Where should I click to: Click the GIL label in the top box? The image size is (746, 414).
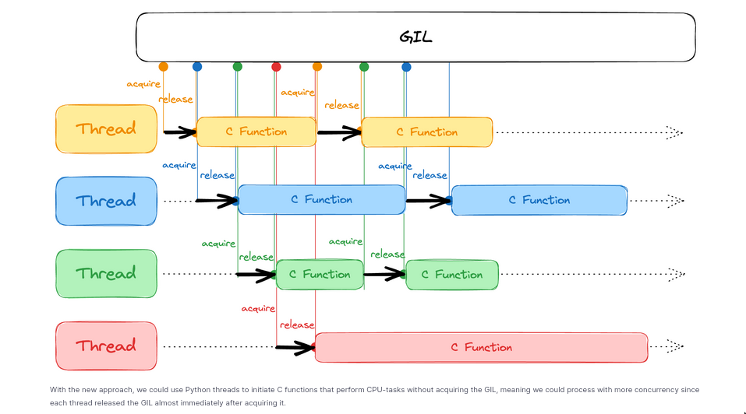coord(415,37)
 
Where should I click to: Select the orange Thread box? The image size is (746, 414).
coord(106,128)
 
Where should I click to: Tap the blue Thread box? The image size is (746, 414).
coord(106,201)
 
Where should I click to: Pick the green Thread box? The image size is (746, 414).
coord(106,273)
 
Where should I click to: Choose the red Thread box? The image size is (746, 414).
coord(106,346)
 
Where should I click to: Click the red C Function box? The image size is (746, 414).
coord(481,347)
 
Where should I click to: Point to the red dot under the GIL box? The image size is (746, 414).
coord(276,67)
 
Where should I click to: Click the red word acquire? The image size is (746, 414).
coord(258,308)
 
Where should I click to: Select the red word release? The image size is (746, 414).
coord(297,325)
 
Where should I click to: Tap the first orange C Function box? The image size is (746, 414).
coord(256,132)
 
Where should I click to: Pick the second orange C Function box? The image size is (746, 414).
coord(427,132)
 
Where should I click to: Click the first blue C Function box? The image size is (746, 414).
coord(321,200)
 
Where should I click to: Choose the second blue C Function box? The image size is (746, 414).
coord(539,200)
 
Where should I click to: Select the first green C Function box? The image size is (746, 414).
coord(320,274)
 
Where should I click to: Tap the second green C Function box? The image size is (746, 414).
coord(452,275)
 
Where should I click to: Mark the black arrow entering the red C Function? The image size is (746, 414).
coord(296,347)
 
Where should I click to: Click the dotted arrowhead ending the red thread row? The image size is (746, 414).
coord(675,346)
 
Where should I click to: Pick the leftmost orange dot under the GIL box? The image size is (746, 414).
coord(163,67)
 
